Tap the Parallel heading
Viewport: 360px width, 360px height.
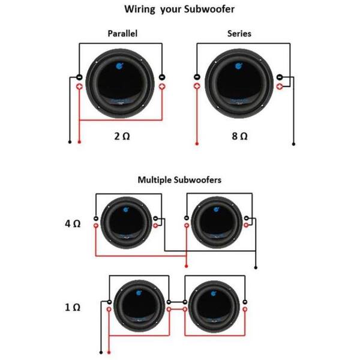pyautogui.click(x=122, y=34)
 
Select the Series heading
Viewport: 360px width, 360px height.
pyautogui.click(x=239, y=34)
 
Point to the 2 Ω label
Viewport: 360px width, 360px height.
pyautogui.click(x=121, y=136)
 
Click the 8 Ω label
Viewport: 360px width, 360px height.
pyautogui.click(x=239, y=136)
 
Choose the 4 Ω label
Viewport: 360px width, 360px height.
pyautogui.click(x=72, y=223)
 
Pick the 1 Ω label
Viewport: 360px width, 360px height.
pyautogui.click(x=72, y=307)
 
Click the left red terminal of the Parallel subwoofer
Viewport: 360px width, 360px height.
pyautogui.click(x=79, y=87)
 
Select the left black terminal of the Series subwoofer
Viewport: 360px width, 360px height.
pyautogui.click(x=197, y=77)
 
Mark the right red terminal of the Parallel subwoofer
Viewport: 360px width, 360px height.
pyautogui.click(x=162, y=87)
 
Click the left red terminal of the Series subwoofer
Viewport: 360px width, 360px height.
pyautogui.click(x=197, y=87)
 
